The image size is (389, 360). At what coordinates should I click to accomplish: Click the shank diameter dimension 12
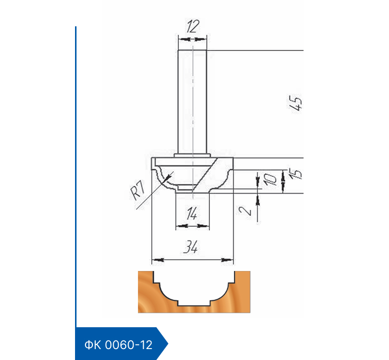click(193, 26)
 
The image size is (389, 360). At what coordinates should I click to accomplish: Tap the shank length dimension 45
click(296, 102)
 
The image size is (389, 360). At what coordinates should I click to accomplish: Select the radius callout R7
click(138, 190)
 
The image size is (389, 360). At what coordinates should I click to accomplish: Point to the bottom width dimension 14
click(192, 214)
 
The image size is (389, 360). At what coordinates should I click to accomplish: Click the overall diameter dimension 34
click(191, 247)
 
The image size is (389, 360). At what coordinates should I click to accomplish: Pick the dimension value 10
click(270, 179)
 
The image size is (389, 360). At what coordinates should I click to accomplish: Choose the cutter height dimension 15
click(295, 173)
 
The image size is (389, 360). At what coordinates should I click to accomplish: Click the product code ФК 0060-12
click(118, 345)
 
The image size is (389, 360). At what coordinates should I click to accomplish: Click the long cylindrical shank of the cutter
click(192, 102)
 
